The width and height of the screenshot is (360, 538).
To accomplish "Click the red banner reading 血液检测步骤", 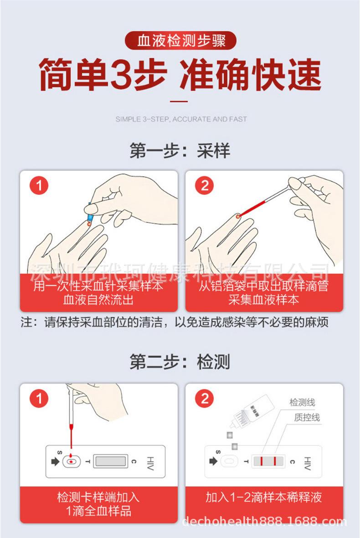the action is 181,41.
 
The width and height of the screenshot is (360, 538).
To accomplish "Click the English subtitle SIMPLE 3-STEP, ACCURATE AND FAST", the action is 181,119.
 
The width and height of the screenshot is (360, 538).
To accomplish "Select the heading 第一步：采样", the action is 180,150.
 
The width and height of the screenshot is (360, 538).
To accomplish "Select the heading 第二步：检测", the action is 180,362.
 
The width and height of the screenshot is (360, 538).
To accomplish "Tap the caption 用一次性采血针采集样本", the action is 99,285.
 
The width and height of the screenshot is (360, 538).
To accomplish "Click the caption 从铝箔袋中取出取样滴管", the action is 264,285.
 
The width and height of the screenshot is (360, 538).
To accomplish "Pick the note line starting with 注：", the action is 175,322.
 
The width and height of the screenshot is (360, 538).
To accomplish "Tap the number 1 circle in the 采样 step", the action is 39,186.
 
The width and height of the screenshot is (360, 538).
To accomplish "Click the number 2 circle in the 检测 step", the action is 204,398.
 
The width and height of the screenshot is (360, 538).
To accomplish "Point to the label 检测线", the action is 302,402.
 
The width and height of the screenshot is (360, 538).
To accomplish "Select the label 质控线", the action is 307,417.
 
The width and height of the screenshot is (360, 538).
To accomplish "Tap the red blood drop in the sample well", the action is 71,462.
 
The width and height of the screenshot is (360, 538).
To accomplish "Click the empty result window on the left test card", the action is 110,461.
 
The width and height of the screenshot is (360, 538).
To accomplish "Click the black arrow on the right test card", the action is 213,461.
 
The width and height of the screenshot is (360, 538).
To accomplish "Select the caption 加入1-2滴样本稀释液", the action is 264,497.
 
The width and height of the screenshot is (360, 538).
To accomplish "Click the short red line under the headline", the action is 179,102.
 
